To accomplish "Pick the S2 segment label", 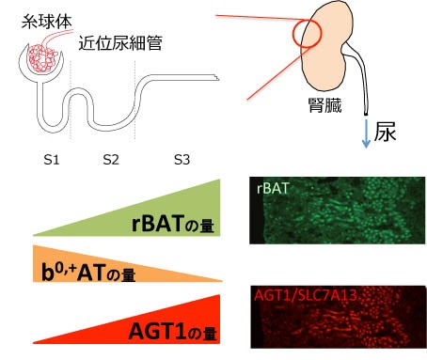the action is (111, 160).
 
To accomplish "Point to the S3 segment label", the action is (182, 160).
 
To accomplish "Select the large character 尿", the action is (389, 132).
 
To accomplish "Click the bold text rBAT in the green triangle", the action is (164, 224).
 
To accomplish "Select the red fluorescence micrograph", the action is (340, 317).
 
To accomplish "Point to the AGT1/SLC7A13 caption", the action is (307, 296).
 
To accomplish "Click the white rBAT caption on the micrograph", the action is (276, 188).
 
